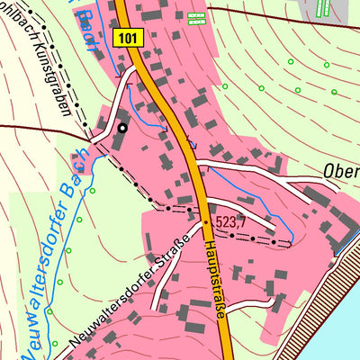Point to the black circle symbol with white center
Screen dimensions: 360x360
coord(121,128)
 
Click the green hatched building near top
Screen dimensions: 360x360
coord(195,16)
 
